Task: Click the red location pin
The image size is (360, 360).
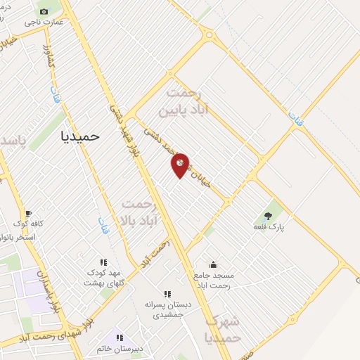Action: [x=180, y=165]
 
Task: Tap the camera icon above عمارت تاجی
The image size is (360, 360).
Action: [x=44, y=11]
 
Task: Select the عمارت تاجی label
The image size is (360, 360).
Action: [x=44, y=22]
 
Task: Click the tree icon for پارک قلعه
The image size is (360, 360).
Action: [x=267, y=216]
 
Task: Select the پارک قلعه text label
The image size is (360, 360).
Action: [x=267, y=227]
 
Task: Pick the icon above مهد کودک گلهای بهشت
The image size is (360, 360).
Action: [x=104, y=262]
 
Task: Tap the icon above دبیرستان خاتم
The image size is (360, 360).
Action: [x=120, y=338]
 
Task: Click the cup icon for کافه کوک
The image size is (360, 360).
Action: [x=28, y=213]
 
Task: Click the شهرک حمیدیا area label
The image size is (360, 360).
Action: [x=224, y=329]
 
